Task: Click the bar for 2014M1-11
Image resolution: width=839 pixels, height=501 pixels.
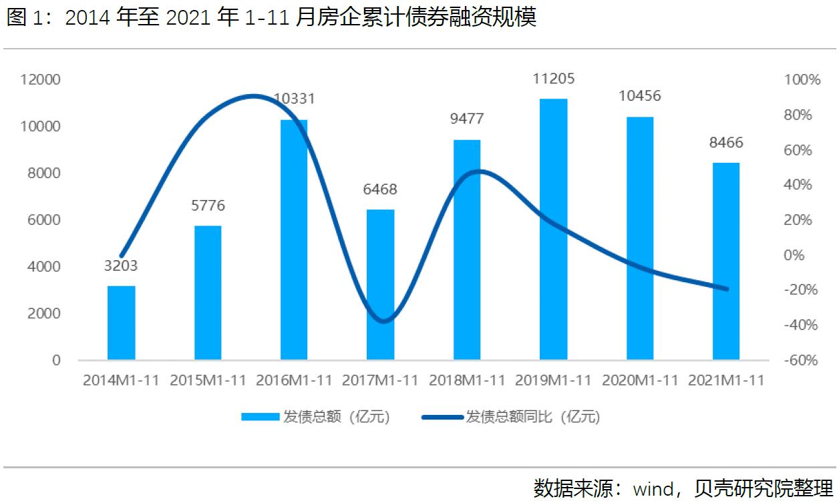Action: (121, 323)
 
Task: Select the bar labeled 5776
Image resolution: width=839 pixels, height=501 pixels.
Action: (208, 293)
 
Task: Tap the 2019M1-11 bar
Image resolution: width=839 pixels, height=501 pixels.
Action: (553, 229)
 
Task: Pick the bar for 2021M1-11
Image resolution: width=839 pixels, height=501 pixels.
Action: (726, 261)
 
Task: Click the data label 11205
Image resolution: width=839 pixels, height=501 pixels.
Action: (553, 79)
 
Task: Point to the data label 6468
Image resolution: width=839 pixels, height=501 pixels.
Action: (380, 189)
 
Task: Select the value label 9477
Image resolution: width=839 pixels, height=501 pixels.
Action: (467, 119)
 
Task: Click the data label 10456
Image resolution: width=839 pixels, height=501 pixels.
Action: (639, 96)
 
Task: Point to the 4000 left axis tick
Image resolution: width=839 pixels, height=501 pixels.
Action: (43, 267)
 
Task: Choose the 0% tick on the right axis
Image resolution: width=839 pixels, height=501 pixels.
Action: (802, 256)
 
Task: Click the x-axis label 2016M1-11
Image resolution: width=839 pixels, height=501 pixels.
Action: (294, 381)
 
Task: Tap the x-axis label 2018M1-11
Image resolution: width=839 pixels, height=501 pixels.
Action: (467, 381)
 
